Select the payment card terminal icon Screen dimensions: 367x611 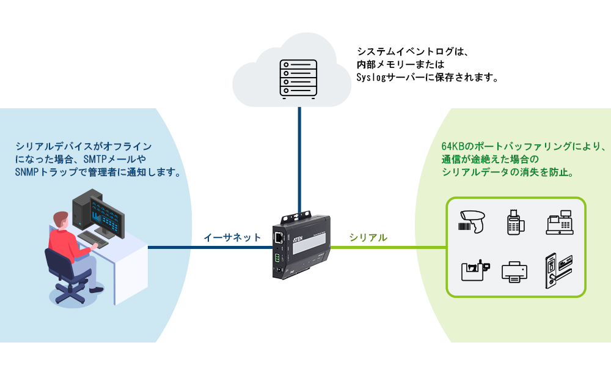click(516, 221)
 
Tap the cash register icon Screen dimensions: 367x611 click(560, 222)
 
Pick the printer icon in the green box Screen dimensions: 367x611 click(515, 271)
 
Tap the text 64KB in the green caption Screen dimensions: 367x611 click(453, 147)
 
